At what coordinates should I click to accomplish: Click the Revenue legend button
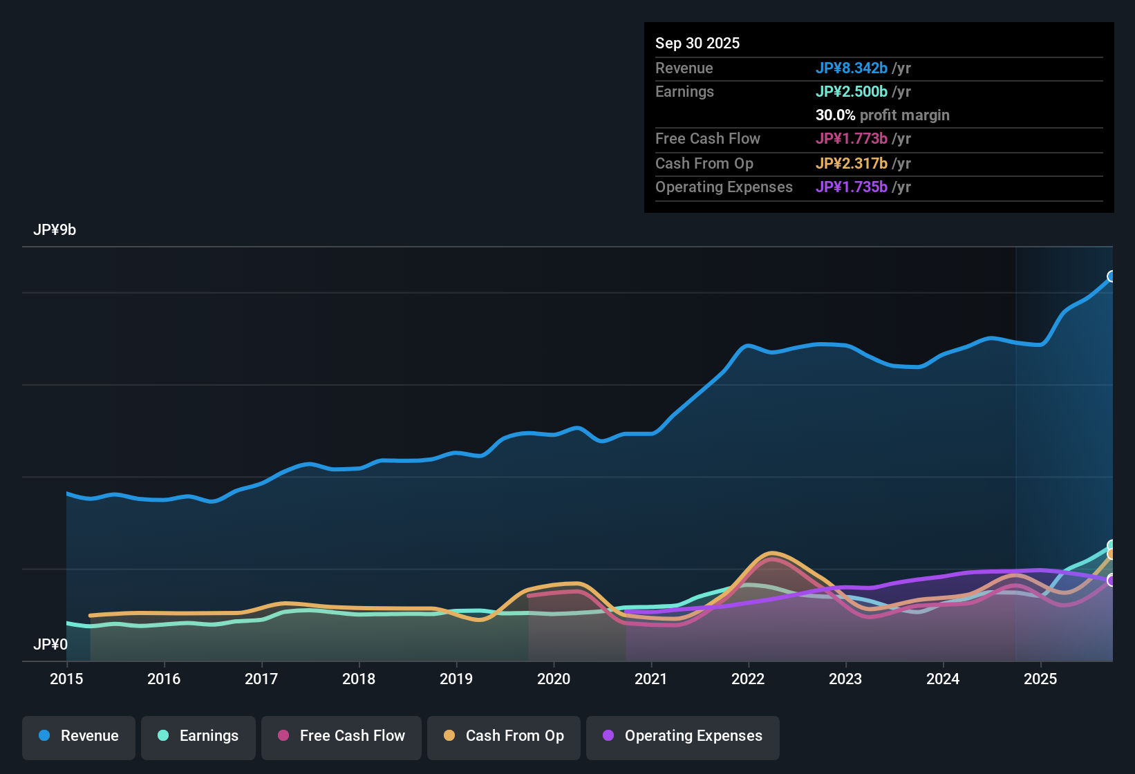coord(79,736)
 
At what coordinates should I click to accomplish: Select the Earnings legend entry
coord(198,736)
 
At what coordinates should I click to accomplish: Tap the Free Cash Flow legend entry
coord(341,736)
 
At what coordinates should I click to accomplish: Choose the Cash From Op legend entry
coord(504,736)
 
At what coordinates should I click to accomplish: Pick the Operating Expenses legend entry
coord(683,736)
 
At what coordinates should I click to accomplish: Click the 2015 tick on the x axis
coord(66,679)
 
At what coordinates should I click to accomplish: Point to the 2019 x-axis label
coord(456,679)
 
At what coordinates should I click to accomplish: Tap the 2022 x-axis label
coord(748,679)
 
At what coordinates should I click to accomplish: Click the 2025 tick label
coord(1040,679)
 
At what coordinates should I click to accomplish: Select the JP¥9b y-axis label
coord(55,230)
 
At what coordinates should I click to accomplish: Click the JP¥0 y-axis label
coord(50,645)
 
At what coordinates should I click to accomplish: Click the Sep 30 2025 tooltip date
coord(697,43)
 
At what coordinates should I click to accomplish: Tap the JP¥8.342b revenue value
coord(851,68)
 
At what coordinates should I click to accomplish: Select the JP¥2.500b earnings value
coord(851,91)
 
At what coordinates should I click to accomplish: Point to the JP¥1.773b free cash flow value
coord(851,138)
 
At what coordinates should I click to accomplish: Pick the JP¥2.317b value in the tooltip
coord(851,163)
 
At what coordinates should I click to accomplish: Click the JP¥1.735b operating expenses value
coord(851,187)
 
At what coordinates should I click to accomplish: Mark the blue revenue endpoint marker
coord(1111,276)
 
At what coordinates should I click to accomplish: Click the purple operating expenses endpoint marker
coord(1111,580)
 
